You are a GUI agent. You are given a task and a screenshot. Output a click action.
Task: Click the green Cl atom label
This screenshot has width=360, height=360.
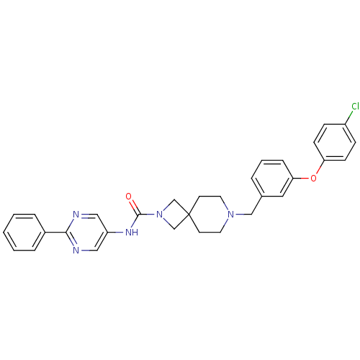coord(355,106)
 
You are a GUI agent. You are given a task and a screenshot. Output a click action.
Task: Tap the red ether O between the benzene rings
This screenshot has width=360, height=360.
coord(313,179)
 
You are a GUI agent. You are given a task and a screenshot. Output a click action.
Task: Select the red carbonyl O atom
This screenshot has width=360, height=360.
coord(129,197)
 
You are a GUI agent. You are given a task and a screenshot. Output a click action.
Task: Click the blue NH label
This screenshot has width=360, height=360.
coord(132,233)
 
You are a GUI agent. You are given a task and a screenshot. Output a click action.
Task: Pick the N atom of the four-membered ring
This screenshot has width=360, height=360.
coord(159,215)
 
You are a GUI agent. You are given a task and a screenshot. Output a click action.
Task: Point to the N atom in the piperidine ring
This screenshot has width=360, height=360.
coord(230,215)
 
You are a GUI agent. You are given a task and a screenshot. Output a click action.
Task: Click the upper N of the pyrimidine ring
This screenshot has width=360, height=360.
coord(76,215)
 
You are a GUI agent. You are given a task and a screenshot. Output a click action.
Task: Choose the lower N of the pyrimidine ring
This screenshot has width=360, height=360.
coord(76,251)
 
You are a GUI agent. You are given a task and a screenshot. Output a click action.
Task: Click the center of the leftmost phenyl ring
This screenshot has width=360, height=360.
coord(24,233)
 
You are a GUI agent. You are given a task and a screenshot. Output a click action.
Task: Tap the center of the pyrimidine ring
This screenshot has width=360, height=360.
coord(86,233)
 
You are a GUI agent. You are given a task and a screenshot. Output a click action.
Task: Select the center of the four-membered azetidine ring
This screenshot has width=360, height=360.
coord(174,215)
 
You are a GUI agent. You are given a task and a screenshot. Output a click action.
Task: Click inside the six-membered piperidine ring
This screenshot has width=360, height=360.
coord(210,215)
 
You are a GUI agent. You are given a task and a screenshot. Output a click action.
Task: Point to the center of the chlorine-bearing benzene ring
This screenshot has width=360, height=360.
coord(335,142)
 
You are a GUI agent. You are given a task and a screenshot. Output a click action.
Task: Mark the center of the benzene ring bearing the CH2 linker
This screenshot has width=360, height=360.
coord(272,179)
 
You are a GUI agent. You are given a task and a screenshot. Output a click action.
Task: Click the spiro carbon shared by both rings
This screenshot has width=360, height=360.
coord(189,215)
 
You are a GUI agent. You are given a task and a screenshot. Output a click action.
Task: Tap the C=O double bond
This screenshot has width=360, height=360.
coord(134,205)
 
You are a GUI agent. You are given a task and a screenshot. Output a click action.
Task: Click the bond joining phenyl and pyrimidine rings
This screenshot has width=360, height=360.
coord(55,233)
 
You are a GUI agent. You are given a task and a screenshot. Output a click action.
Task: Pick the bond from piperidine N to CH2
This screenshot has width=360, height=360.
coord(243,215)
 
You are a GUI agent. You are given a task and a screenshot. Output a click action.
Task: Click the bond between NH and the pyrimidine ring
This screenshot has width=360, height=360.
coord(117,233)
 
